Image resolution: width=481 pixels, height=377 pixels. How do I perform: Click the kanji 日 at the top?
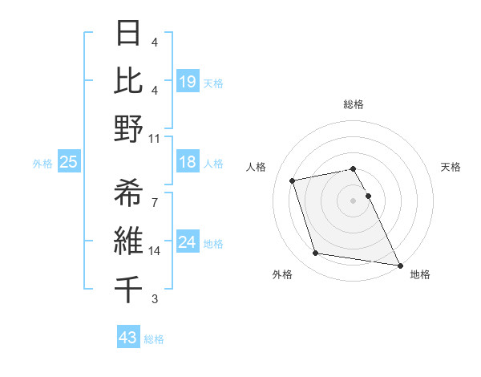(x=129, y=35)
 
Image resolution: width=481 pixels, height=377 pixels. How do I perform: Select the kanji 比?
(x=129, y=81)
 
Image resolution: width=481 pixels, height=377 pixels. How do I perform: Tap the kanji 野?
(x=129, y=129)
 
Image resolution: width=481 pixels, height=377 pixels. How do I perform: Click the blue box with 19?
(x=187, y=81)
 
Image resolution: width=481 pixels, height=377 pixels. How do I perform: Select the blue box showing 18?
(x=187, y=163)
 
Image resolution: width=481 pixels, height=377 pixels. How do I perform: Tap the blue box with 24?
(x=187, y=242)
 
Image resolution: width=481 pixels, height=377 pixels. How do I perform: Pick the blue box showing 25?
(x=68, y=163)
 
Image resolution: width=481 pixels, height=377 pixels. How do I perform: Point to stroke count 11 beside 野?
(x=155, y=138)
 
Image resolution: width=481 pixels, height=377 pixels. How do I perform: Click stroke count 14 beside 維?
(x=155, y=250)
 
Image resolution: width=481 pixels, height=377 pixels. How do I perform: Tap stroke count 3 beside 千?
(x=155, y=299)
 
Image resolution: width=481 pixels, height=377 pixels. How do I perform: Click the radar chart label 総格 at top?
(x=354, y=104)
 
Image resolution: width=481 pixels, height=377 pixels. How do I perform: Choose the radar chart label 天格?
(x=451, y=167)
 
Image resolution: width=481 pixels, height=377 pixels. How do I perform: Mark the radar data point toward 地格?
(x=398, y=265)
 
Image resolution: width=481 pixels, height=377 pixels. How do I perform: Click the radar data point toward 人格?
(x=293, y=180)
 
